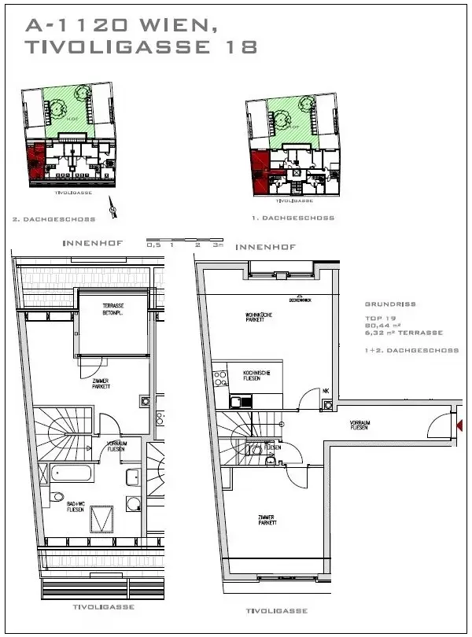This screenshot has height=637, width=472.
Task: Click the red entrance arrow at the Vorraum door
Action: pyautogui.click(x=459, y=425)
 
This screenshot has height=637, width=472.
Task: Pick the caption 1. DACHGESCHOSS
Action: pyautogui.click(x=298, y=218)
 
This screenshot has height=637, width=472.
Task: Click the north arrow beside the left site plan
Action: pyautogui.click(x=116, y=210)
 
